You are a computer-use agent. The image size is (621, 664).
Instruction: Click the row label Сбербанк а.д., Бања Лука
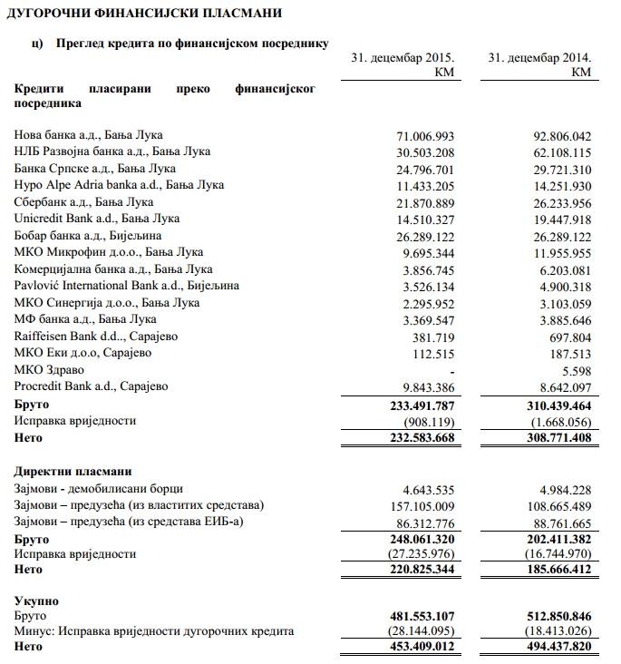83,202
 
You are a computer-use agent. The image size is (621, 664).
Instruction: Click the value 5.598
576,370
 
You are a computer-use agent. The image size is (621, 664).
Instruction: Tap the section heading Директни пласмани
73,472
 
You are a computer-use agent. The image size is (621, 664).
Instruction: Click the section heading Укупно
38,600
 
